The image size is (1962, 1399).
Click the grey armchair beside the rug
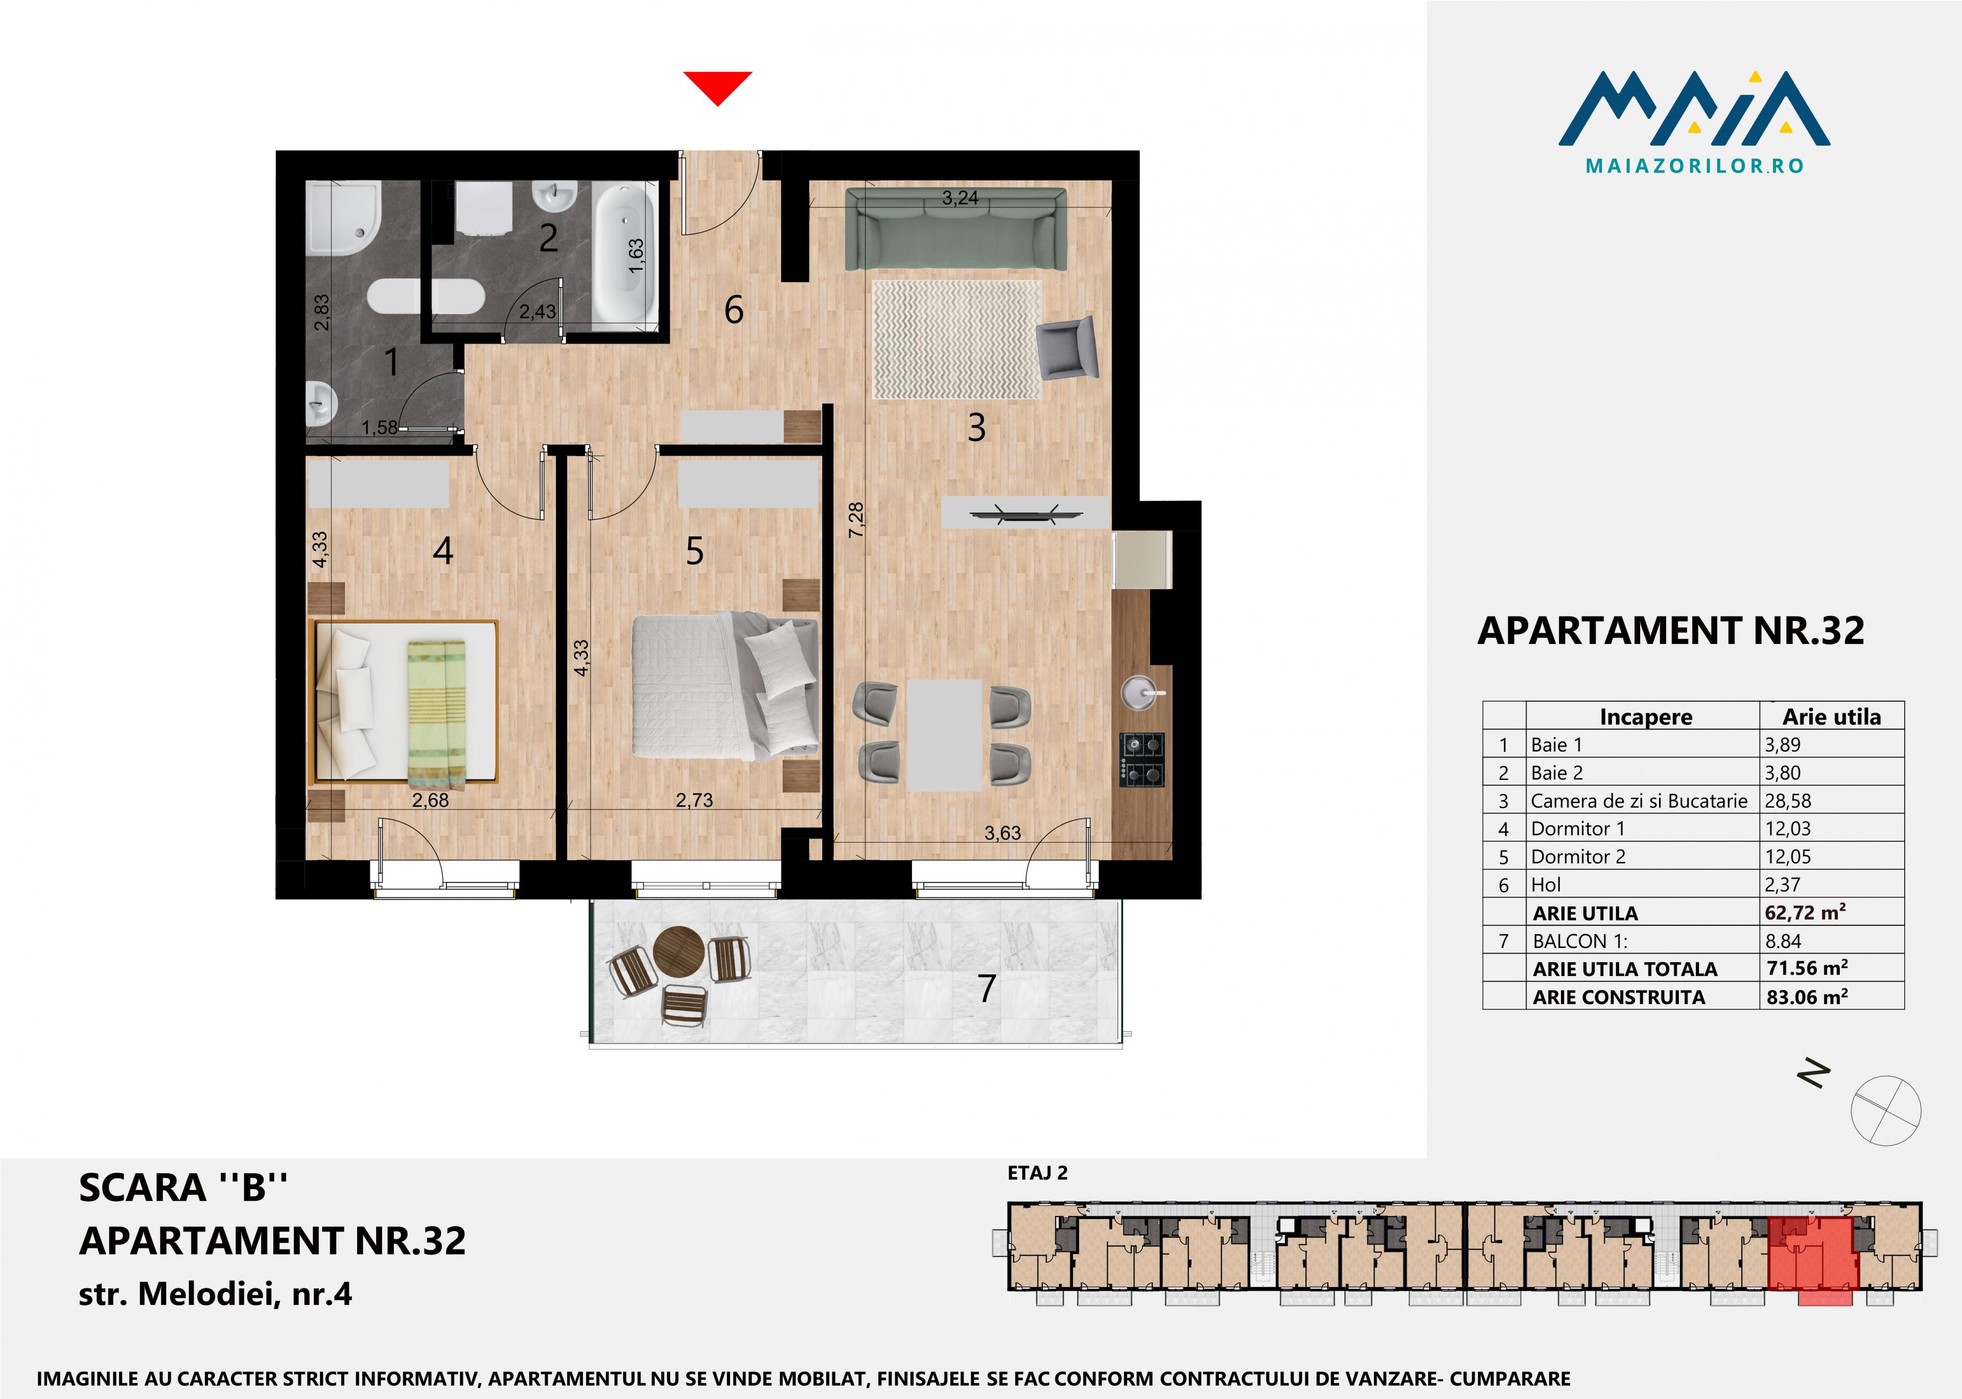tap(1068, 348)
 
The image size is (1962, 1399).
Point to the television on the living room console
tap(1025, 514)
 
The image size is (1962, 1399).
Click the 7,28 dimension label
tap(856, 520)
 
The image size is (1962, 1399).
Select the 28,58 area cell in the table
tap(1788, 800)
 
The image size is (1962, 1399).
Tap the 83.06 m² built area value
tap(1807, 997)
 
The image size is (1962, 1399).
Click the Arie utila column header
tap(1831, 717)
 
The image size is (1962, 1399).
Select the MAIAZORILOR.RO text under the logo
tap(1694, 165)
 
